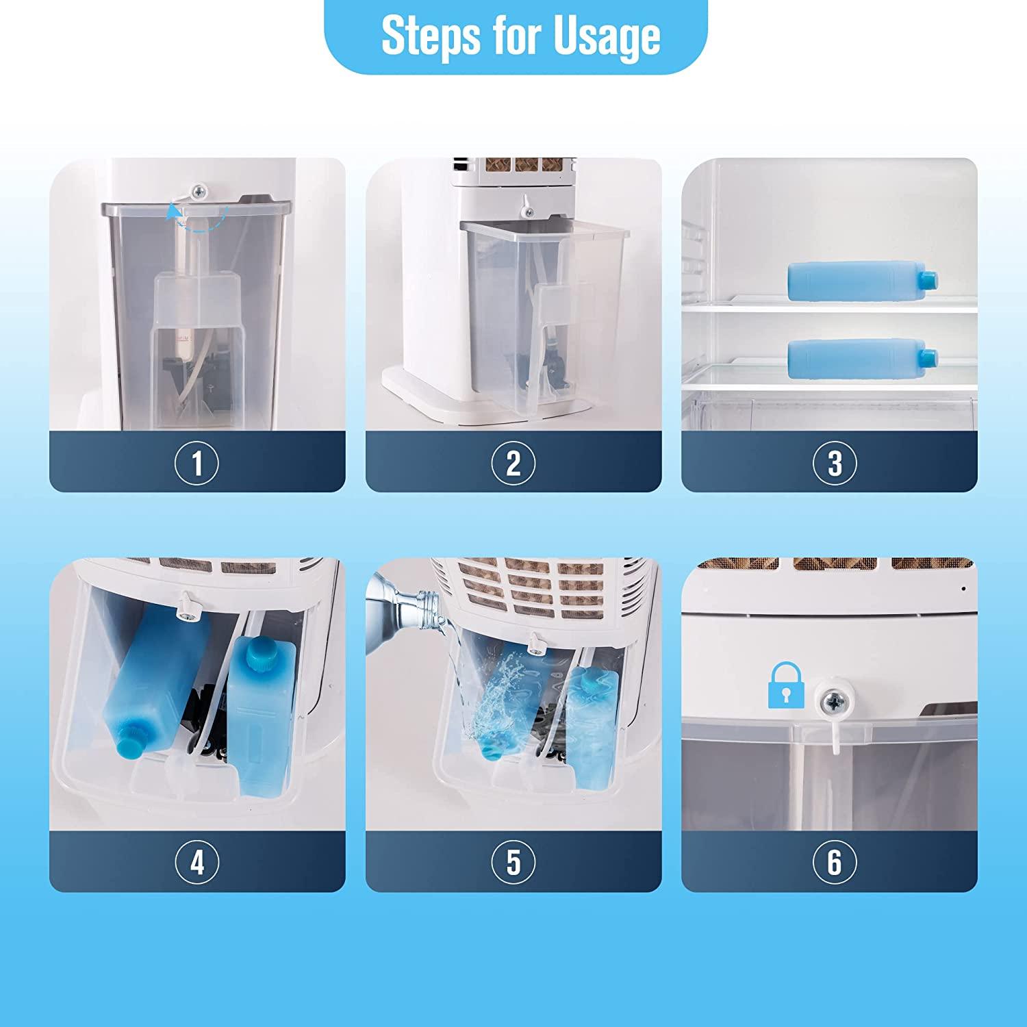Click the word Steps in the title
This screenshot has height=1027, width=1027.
[421, 36]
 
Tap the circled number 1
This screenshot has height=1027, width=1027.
[197, 463]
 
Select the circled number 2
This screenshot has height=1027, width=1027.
[513, 463]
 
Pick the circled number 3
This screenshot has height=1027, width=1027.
[835, 463]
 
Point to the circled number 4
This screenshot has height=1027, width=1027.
[197, 861]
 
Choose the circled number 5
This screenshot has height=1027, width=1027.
[513, 861]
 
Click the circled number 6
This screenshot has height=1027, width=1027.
[835, 861]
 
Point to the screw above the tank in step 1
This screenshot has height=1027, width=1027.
[199, 190]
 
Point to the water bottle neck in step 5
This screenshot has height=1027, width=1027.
[418, 603]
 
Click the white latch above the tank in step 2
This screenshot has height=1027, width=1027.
[524, 203]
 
